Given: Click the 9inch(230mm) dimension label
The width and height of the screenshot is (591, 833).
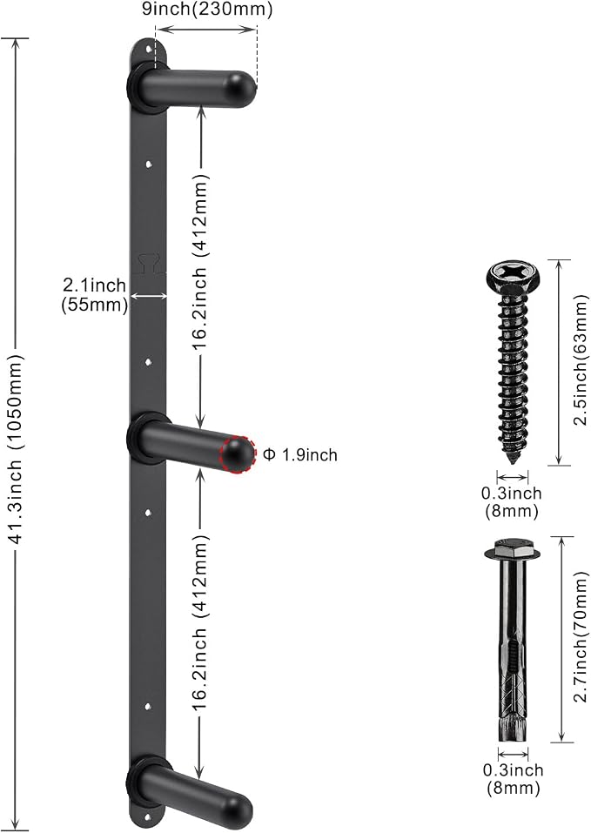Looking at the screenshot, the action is point(207,10).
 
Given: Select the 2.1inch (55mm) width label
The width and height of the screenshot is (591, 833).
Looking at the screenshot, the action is point(95,295).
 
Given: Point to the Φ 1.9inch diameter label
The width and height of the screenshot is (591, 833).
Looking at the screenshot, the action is point(300,454).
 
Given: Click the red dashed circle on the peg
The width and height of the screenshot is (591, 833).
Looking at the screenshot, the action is point(238,454).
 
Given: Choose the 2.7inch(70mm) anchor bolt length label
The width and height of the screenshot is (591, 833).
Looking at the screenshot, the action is point(581,637).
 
